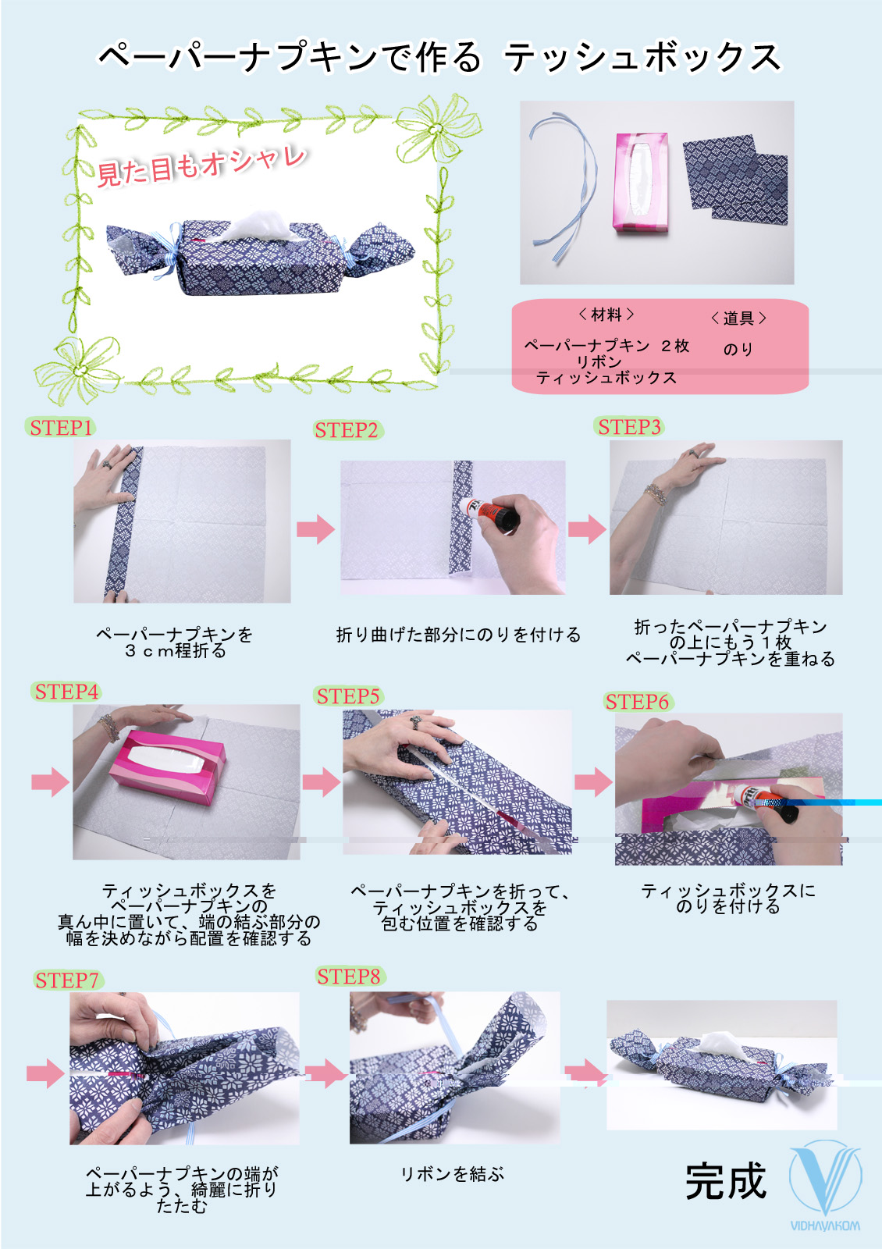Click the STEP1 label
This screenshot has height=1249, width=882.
[x=60, y=428]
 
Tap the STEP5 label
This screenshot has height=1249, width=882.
[x=348, y=696]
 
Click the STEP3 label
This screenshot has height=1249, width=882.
[x=629, y=426]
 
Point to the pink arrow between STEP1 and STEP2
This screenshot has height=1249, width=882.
[x=315, y=528]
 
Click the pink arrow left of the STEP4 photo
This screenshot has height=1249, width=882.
[x=51, y=781]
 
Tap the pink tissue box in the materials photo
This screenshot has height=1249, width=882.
[x=641, y=182]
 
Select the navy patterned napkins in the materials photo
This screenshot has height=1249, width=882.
[x=735, y=179]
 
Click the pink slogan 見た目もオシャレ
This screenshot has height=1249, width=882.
[x=201, y=166]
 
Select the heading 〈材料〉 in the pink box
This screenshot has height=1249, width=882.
[x=606, y=315]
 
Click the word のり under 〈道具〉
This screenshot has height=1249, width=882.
[x=738, y=349]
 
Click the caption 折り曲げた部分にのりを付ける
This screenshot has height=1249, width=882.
[x=458, y=635]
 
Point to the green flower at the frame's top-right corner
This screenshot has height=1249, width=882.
[x=438, y=128]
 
